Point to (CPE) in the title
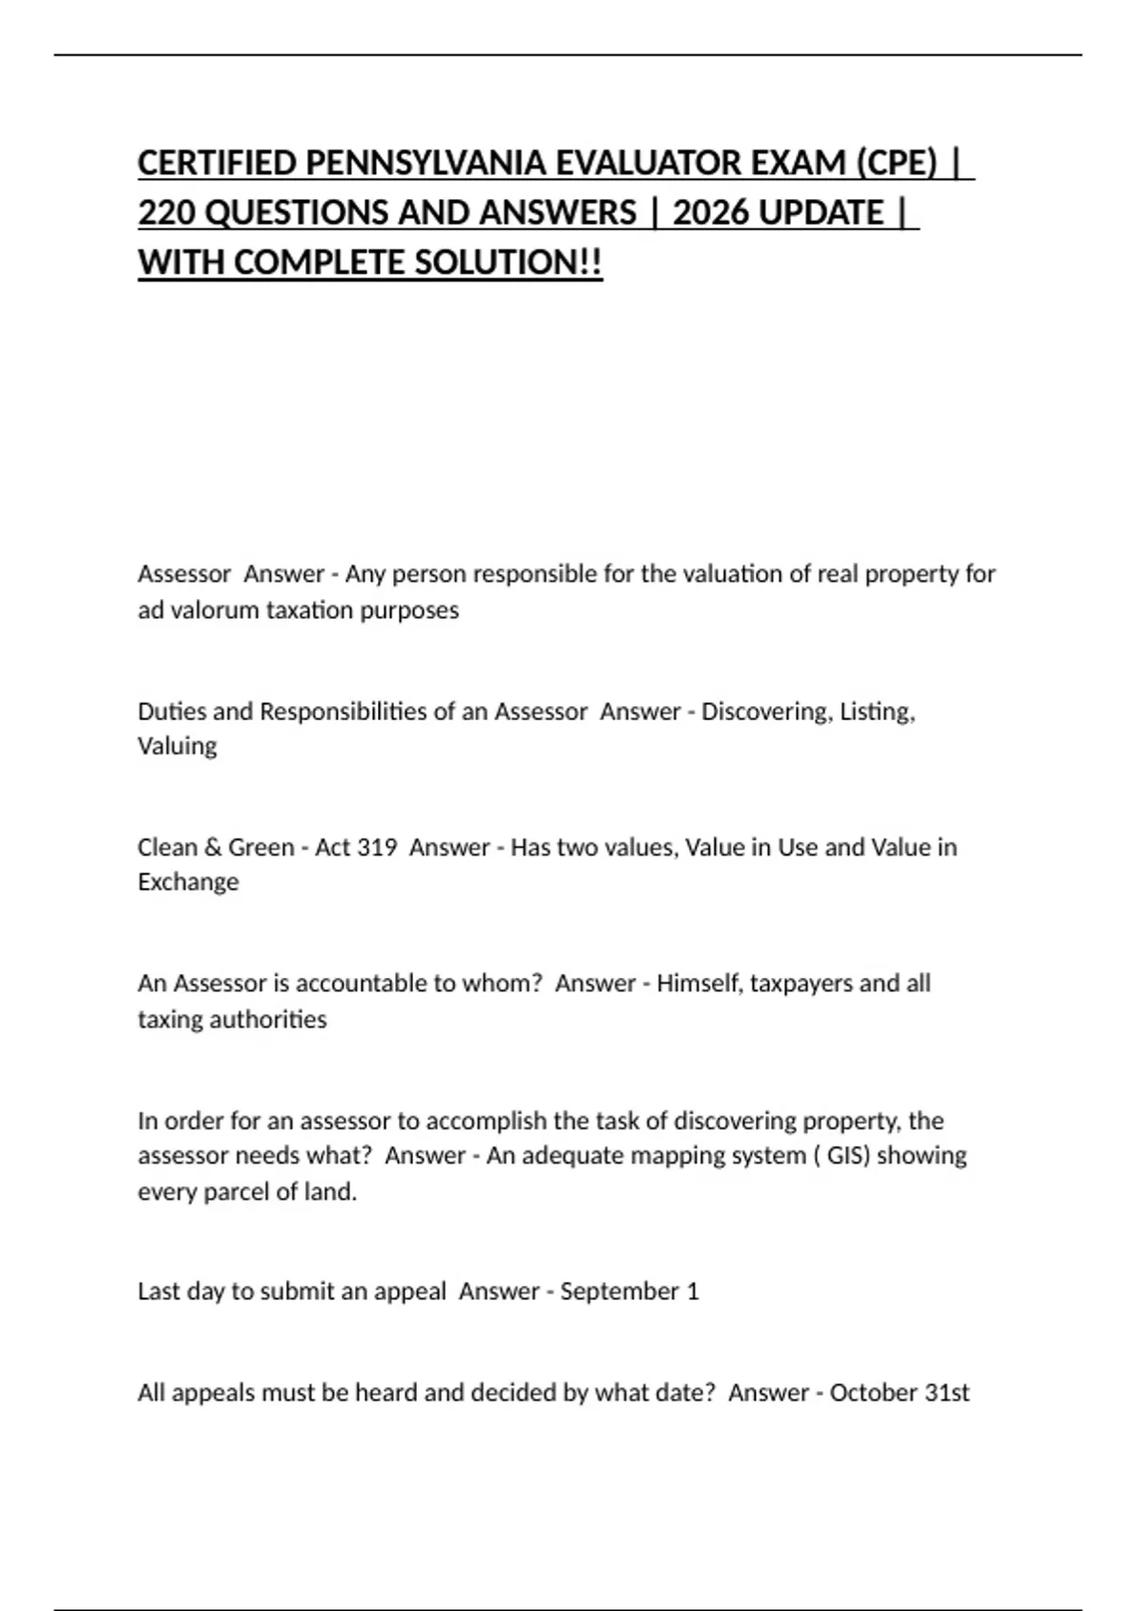point(896,163)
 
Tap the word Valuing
point(177,747)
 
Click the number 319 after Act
point(377,847)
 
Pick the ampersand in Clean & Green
point(212,847)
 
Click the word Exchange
point(188,882)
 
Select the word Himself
point(699,984)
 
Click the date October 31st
point(899,1393)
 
